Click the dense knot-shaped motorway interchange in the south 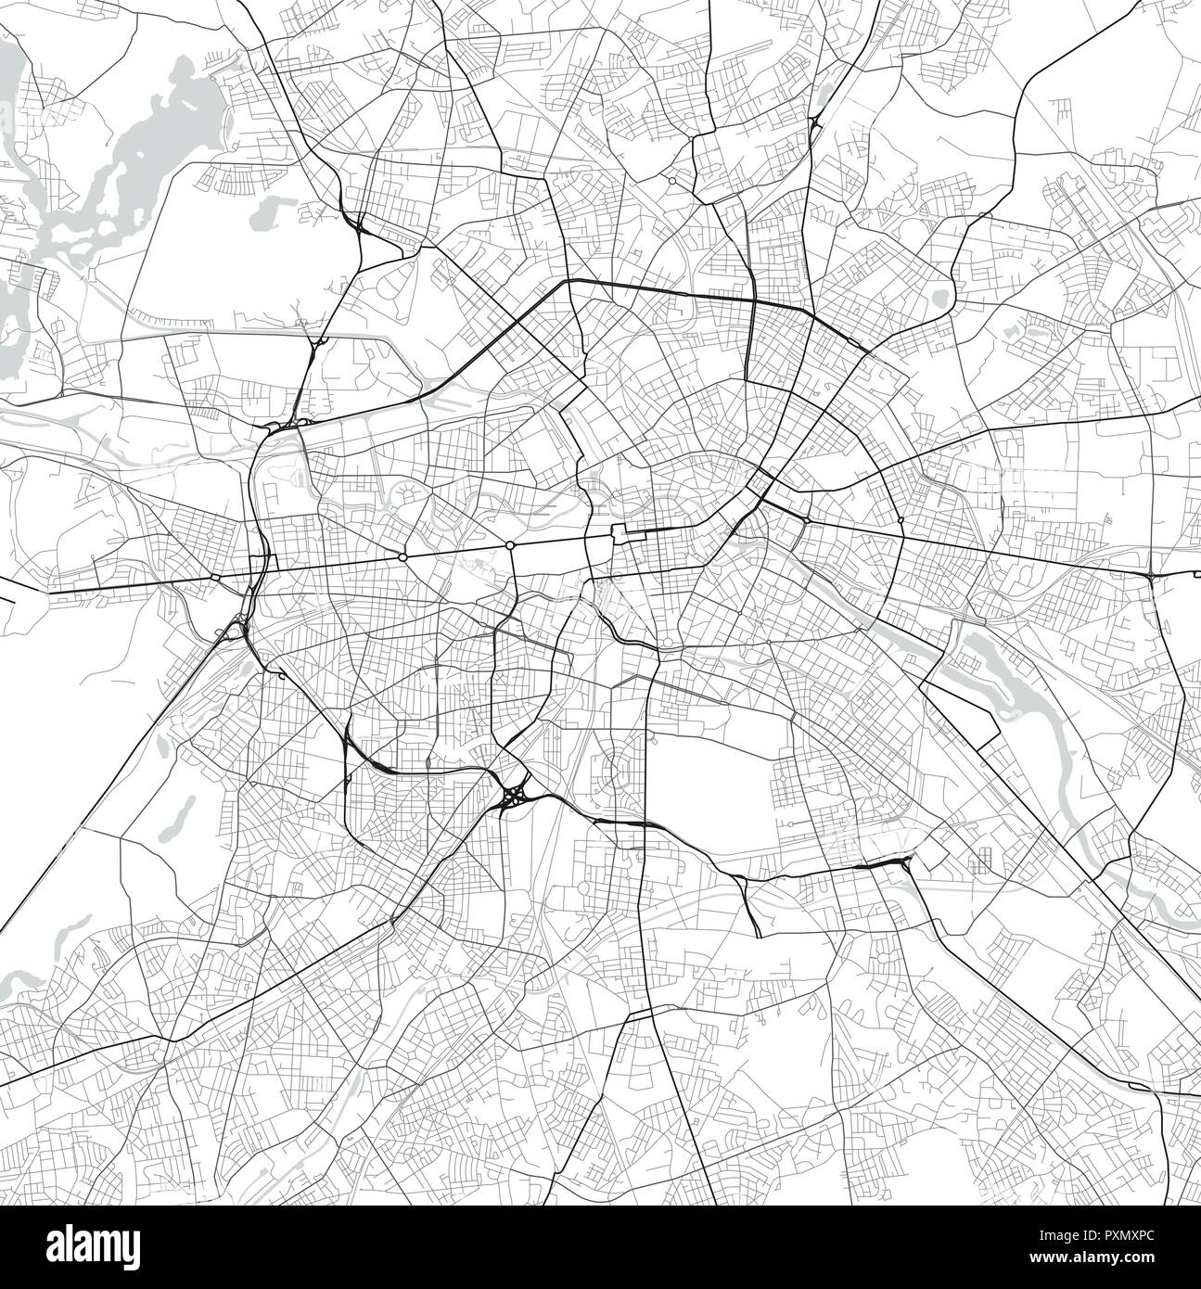click(513, 796)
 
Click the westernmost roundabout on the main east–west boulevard click(215, 577)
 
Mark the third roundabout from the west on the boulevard click(510, 544)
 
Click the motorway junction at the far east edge click(1150, 576)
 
